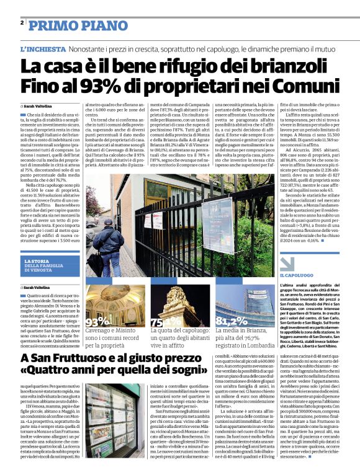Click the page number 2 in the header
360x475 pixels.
(x=22, y=22)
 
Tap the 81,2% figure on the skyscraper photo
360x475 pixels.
(x=231, y=321)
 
